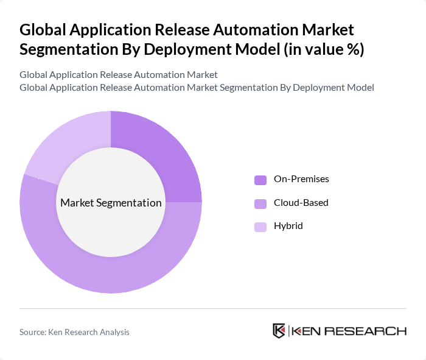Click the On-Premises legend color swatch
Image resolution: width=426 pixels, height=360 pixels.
coord(260,180)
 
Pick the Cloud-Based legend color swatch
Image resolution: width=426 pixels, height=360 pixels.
coord(260,203)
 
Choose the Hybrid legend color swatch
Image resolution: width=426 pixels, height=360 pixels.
coord(260,227)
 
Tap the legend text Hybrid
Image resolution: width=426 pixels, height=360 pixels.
coord(288,226)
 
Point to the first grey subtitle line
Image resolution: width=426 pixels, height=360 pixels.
coord(119,75)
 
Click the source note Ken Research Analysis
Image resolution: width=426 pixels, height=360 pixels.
coord(74,332)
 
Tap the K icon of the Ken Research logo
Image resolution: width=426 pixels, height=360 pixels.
coord(279,331)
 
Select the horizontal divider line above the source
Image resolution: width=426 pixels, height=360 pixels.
coord(213,308)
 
